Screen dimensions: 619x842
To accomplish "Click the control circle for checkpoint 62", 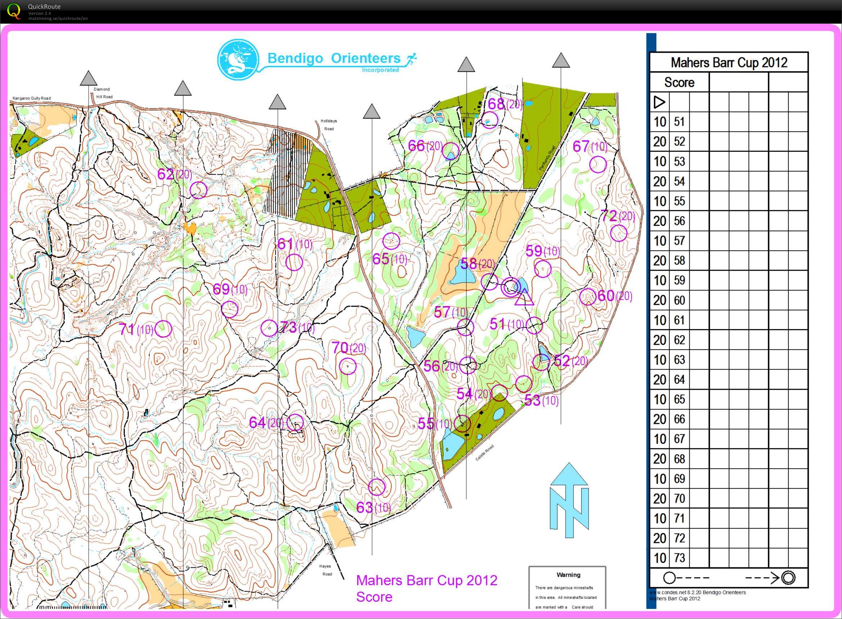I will click(x=198, y=190).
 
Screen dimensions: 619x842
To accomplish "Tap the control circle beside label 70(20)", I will click(x=347, y=366).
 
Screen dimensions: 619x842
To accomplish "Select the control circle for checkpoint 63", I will click(x=377, y=487).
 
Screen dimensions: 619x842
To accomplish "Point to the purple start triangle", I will click(x=524, y=297).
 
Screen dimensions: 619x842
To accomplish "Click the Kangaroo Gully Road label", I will click(x=32, y=98).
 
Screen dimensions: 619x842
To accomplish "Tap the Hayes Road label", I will click(x=325, y=570).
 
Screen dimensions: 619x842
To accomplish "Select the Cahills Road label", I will click(x=484, y=452).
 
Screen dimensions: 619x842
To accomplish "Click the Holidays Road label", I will click(x=329, y=125).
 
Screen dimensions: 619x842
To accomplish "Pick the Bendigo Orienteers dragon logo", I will click(x=238, y=60).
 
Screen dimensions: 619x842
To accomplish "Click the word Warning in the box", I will click(x=568, y=575).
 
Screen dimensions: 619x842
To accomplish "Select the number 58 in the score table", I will click(x=679, y=260).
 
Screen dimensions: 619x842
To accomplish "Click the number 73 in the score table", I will click(x=679, y=558).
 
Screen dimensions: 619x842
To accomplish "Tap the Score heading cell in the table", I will click(x=679, y=82).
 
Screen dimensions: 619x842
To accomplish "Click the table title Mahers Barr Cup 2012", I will click(x=728, y=63).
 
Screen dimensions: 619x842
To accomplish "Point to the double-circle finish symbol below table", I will click(x=788, y=578).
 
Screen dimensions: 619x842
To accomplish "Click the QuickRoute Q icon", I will click(x=14, y=11).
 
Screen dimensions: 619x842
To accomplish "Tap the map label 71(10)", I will click(x=136, y=329).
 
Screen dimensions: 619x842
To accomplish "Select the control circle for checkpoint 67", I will click(x=598, y=164).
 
